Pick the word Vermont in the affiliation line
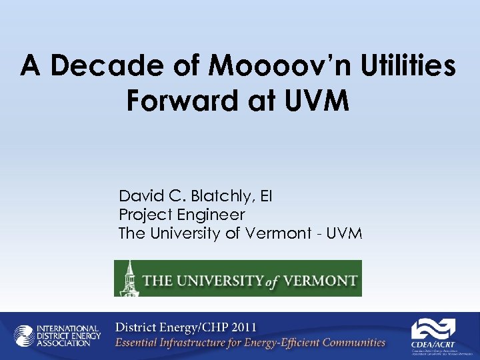pos(278,233)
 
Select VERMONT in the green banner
pos(319,279)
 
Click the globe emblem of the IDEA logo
pos(25,335)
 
